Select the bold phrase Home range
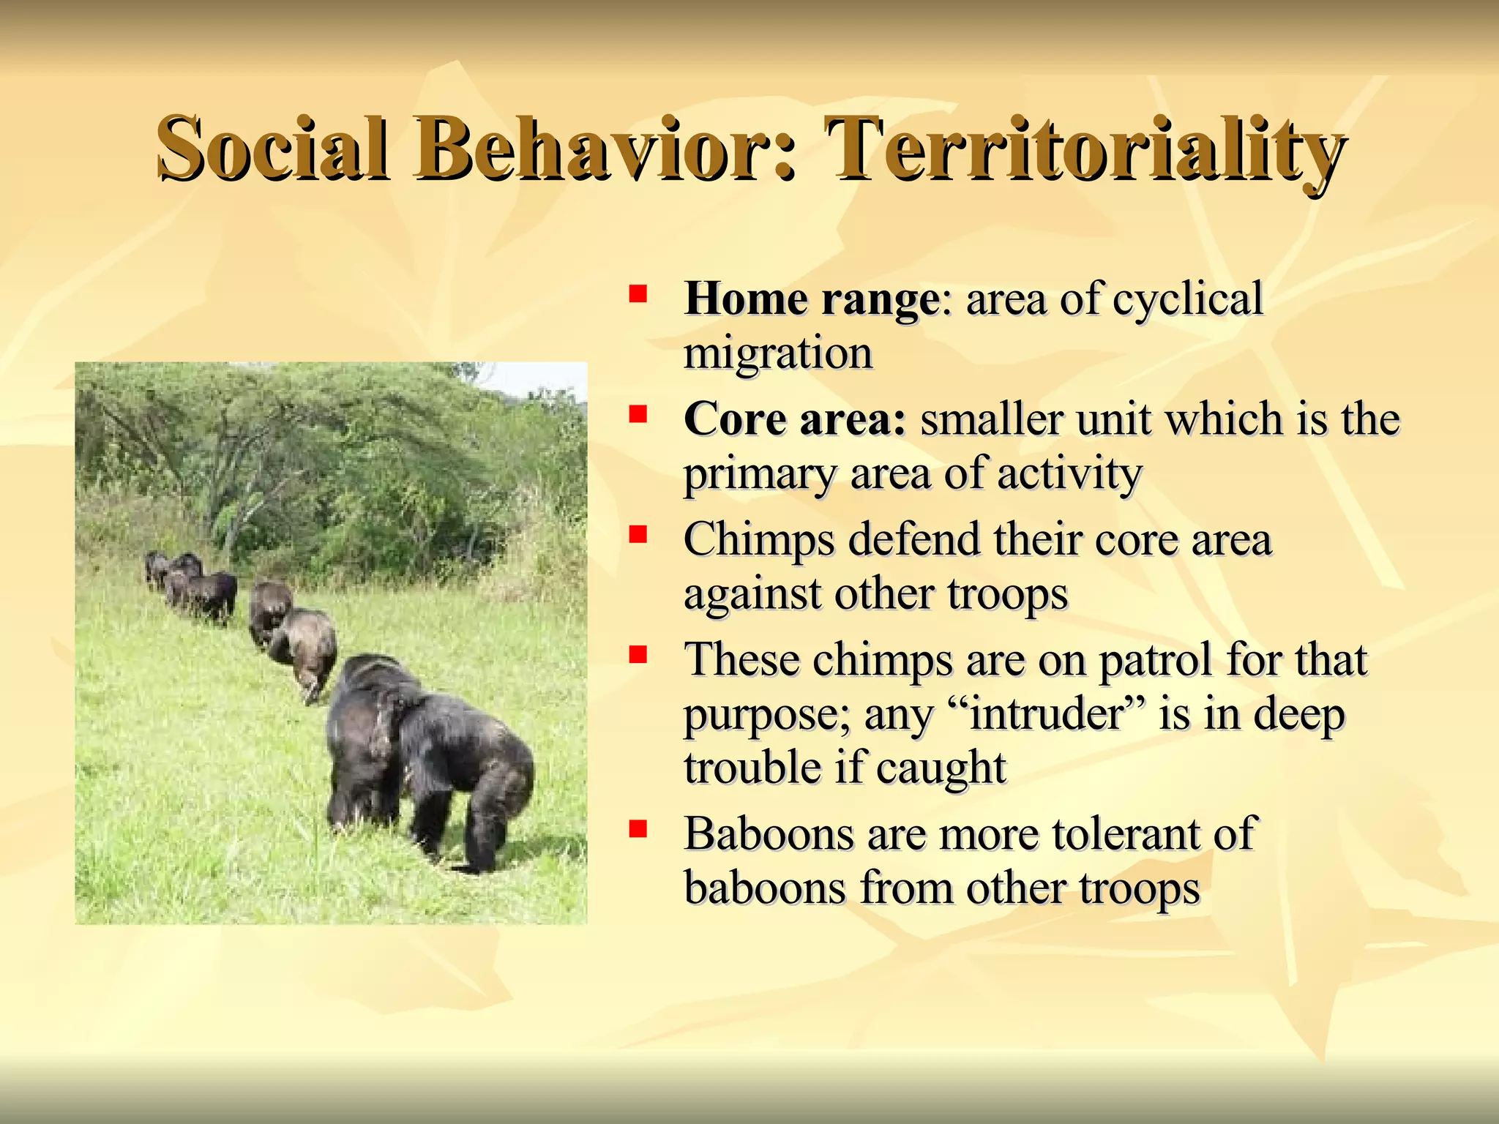click(x=811, y=299)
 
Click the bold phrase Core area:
click(x=795, y=420)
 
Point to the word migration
click(x=778, y=353)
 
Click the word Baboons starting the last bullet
click(x=769, y=834)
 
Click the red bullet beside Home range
click(x=638, y=294)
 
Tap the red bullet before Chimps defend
click(x=638, y=534)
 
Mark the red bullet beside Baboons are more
click(x=638, y=828)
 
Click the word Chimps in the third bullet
click(x=758, y=540)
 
